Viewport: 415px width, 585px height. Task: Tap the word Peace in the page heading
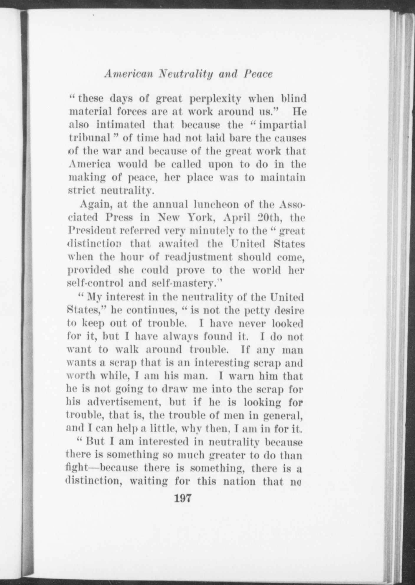tap(258, 74)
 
